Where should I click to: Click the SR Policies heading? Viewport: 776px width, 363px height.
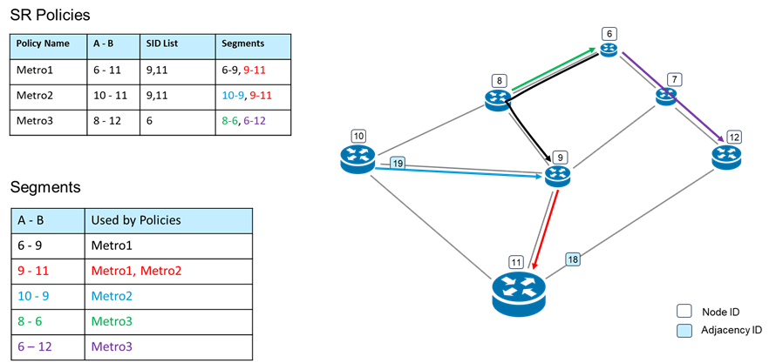[50, 15]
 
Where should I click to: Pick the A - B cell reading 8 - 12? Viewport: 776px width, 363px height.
[106, 121]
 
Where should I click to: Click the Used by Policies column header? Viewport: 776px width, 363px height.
[136, 219]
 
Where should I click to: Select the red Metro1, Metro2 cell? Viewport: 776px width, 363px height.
[136, 271]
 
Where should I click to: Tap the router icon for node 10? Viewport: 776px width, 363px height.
[357, 158]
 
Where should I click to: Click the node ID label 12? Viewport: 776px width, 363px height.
[734, 137]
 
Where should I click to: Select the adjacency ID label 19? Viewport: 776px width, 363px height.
[398, 163]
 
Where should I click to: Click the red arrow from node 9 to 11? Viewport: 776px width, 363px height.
[545, 223]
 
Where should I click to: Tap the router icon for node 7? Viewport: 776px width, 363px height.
[666, 97]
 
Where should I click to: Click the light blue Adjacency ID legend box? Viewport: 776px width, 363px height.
[684, 330]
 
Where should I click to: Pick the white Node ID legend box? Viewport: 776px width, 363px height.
[684, 311]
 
